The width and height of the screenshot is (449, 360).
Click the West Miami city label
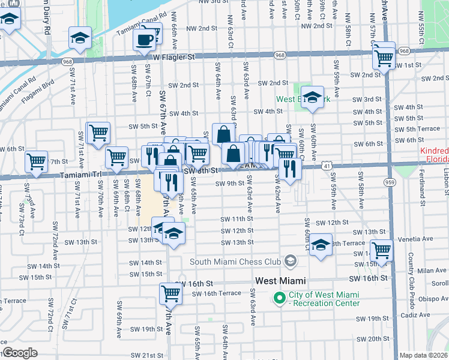coord(280,281)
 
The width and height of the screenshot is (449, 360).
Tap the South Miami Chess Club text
coord(235,261)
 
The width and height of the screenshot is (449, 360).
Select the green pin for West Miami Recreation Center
coord(279,298)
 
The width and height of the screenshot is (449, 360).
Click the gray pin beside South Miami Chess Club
coord(291,260)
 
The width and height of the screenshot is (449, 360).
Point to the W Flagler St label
coord(174,57)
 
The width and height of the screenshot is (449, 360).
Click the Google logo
coord(19,353)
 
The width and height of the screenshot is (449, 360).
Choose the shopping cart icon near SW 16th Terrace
coord(170,293)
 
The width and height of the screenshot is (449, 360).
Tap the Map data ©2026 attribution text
coord(424,355)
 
